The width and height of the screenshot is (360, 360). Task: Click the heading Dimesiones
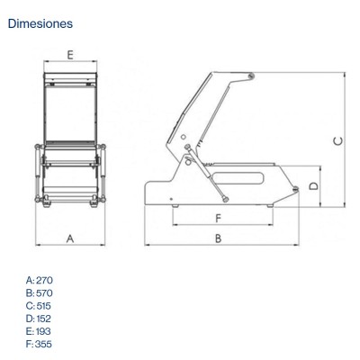pos(40,23)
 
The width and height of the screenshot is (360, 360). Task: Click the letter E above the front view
pos(70,55)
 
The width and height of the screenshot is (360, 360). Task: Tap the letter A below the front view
pos(70,238)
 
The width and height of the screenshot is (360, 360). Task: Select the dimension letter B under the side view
pos(219,238)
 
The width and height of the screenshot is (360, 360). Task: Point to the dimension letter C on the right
pos(338,141)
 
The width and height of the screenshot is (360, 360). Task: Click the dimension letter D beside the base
pos(314,186)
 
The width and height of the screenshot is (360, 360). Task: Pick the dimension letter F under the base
pos(219,218)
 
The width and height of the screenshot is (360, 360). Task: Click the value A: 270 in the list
pos(40,280)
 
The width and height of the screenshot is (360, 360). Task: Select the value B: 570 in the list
pos(40,292)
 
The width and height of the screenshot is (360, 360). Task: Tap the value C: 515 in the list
pos(39,306)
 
